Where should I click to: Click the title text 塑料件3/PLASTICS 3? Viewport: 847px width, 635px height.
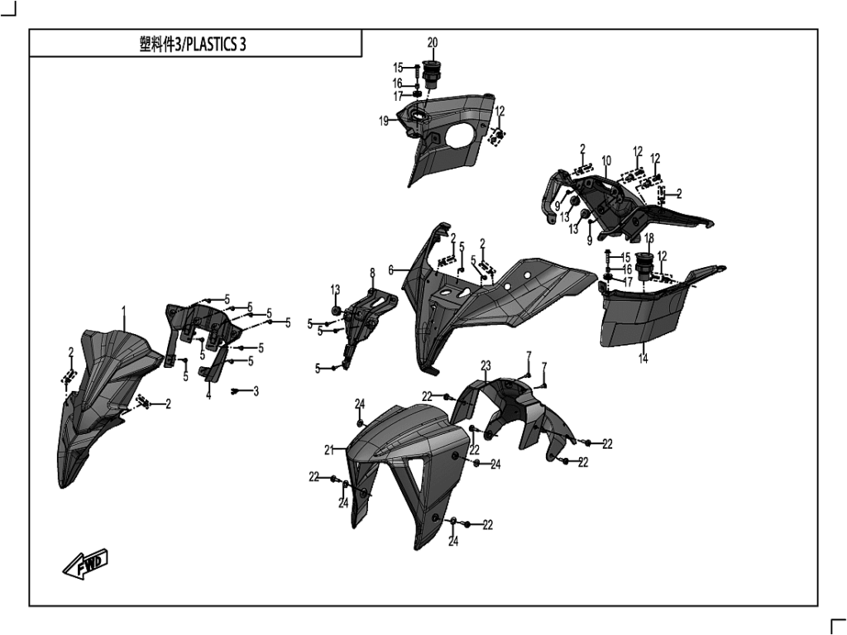coord(193,45)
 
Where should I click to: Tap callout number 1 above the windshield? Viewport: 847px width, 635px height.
coord(124,313)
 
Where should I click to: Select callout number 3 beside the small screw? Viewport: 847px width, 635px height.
coord(256,391)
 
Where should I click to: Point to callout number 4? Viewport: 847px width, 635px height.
coord(208,396)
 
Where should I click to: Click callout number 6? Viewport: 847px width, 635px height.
coord(391,270)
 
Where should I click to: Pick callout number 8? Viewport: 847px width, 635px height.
coord(372,272)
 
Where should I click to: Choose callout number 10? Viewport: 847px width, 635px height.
coord(606,160)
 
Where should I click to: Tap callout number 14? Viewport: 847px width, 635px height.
coord(644,359)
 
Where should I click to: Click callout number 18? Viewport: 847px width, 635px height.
coord(649,237)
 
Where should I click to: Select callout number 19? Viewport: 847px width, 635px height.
coord(384,121)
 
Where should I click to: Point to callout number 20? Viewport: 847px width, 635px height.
coord(433,42)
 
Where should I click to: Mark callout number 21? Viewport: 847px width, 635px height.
coord(328,450)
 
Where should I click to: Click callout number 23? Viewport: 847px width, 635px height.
coord(486,365)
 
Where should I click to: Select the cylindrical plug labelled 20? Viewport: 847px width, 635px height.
coord(431,74)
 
